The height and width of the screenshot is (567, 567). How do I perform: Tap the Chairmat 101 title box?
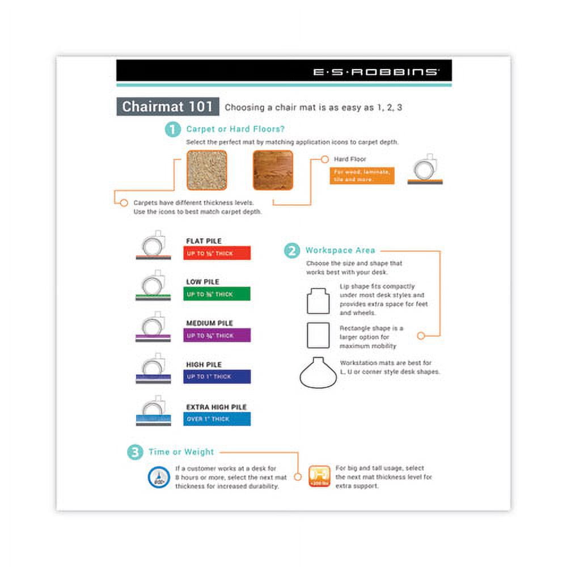coord(168,107)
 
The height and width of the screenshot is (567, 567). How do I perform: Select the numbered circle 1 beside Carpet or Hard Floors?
coord(173,129)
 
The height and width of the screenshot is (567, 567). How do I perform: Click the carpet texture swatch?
coord(207,170)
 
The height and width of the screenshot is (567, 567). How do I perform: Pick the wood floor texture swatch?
coord(273,170)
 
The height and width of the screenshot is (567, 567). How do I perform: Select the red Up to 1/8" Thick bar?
coord(217,253)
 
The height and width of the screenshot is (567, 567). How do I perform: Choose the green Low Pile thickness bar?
coord(217,294)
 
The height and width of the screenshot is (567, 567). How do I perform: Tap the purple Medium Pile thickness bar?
coord(217,336)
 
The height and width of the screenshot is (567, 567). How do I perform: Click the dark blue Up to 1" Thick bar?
coord(217,377)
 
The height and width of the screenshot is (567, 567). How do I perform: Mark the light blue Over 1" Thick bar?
coord(217,419)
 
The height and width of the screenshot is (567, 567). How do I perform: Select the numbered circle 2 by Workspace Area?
coord(291,251)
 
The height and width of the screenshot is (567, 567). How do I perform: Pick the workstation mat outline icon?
coord(318,373)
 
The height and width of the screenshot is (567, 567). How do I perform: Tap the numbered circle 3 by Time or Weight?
coord(135,452)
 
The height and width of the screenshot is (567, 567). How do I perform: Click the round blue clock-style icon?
coord(159,477)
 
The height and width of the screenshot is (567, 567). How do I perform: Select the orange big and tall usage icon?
coord(319,476)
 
